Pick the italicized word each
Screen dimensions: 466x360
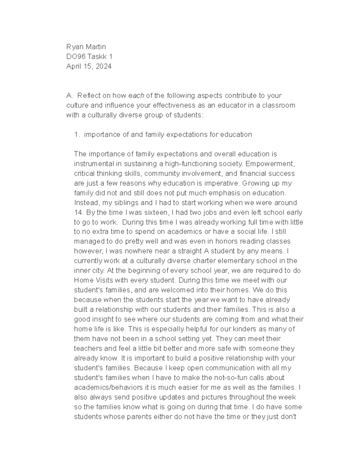[x=136, y=96]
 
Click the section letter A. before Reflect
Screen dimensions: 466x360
[x=70, y=96]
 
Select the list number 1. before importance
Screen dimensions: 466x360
[x=77, y=134]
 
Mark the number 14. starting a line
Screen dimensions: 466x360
[x=79, y=212]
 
